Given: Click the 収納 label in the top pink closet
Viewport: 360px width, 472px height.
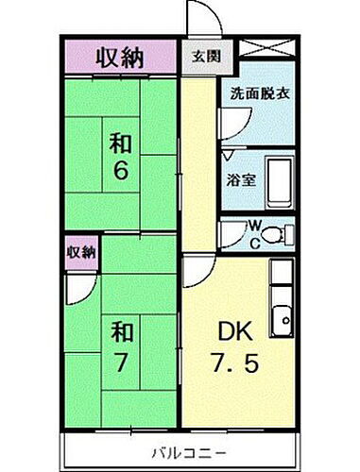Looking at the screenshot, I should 119,58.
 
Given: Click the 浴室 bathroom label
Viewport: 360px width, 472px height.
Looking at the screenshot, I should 236,178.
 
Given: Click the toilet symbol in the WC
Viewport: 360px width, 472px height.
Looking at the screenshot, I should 275,234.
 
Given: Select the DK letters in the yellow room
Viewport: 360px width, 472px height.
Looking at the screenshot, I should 238,332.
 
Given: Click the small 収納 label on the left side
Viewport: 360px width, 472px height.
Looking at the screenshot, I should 81,252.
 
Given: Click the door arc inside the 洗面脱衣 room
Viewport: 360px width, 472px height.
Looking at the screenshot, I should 231,132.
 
